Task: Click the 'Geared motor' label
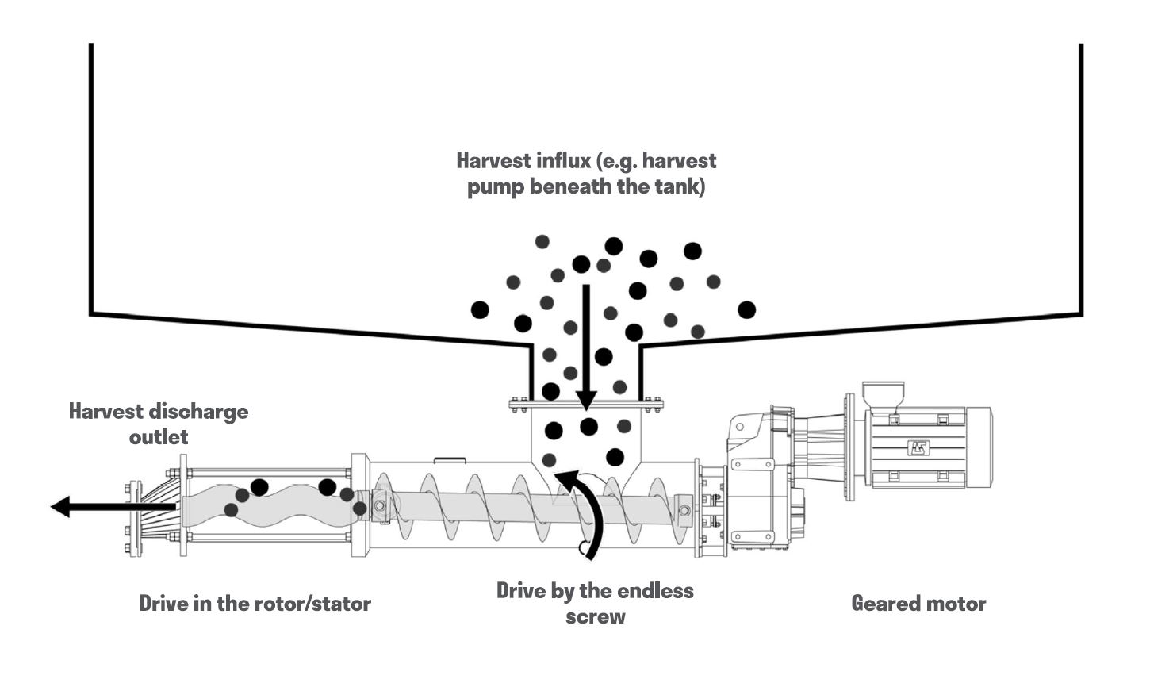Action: (x=918, y=604)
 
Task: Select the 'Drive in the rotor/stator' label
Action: (x=255, y=604)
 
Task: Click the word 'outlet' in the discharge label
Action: (x=159, y=437)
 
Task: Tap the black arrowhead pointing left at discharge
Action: (x=60, y=506)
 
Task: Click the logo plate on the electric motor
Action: (x=918, y=447)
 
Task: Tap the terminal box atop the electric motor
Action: (x=884, y=395)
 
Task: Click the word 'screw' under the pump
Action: (x=596, y=616)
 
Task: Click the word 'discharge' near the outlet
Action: (x=199, y=412)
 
